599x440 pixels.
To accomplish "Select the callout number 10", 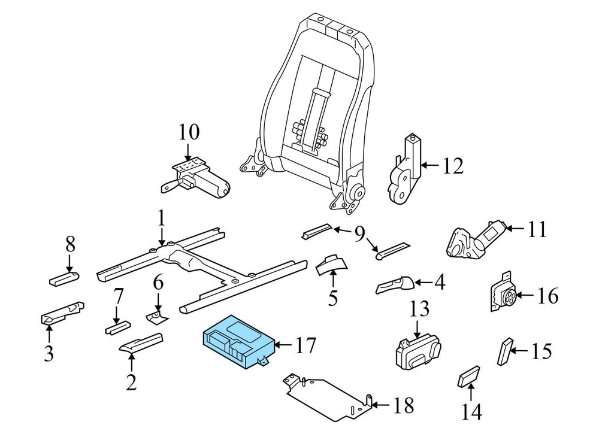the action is pyautogui.click(x=189, y=132).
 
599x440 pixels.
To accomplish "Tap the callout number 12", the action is pyautogui.click(x=453, y=165).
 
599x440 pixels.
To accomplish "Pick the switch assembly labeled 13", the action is pyautogui.click(x=418, y=351).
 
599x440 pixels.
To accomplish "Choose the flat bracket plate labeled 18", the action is pyautogui.click(x=328, y=397).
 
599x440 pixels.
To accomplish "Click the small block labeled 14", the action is pyautogui.click(x=469, y=377).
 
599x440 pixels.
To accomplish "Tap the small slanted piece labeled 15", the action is pyautogui.click(x=504, y=351).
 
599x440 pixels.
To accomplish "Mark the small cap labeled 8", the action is pyautogui.click(x=64, y=278).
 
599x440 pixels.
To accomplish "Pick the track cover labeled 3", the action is pyautogui.click(x=62, y=313).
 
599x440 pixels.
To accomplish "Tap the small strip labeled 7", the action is pyautogui.click(x=117, y=328).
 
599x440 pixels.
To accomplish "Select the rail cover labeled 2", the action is pyautogui.click(x=141, y=342).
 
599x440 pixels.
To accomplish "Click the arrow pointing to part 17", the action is pyautogui.click(x=283, y=345).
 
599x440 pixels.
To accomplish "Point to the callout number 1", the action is pyautogui.click(x=162, y=219).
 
